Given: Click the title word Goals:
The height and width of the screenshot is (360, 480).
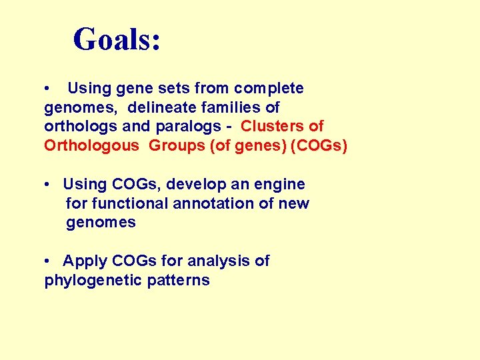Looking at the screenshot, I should [117, 39].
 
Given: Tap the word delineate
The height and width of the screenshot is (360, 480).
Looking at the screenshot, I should [158, 107].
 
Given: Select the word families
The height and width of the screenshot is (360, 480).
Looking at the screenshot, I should [235, 107].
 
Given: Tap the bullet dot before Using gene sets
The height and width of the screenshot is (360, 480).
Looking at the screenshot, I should [49, 89].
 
